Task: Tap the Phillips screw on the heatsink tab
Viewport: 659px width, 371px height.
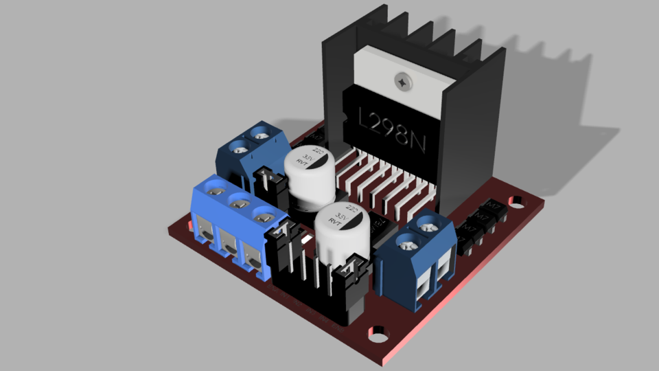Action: pos(402,81)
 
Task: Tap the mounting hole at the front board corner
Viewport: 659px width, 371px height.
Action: pos(376,333)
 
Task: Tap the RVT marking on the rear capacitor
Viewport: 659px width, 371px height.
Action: pos(300,164)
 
